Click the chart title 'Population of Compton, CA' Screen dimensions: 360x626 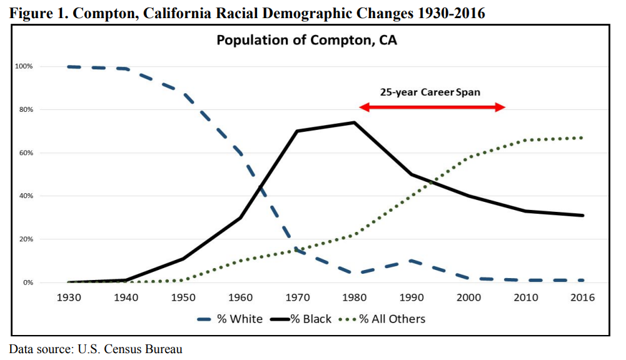(306, 41)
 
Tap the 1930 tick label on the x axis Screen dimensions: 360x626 (69, 297)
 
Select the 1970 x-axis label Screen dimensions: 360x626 (297, 297)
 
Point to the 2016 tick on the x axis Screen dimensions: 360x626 (582, 297)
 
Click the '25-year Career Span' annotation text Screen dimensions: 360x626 (430, 92)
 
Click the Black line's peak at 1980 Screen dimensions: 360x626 (354, 122)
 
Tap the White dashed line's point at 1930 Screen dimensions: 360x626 (69, 66)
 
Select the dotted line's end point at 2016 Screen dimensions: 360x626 (582, 137)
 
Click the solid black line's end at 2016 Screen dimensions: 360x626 (582, 215)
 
